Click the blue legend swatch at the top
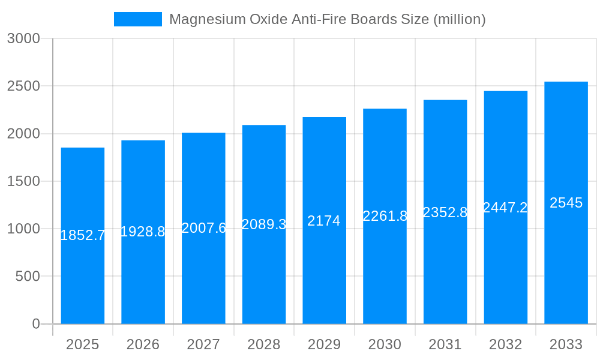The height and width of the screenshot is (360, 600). pos(137,19)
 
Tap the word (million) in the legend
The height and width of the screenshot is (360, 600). pos(459,19)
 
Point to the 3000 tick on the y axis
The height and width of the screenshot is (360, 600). pos(23,38)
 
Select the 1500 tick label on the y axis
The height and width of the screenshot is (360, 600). pos(23,181)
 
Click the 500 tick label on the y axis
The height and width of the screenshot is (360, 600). pos(27,277)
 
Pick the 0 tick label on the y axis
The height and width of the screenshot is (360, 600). pos(35,324)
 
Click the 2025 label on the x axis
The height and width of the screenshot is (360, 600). pos(82,344)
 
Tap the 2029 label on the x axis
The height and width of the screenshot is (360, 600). pos(324,344)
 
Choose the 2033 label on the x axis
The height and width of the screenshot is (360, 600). pos(566,344)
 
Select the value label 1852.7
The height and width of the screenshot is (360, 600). pos(83,235)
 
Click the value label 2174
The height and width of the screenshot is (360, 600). pos(324,221)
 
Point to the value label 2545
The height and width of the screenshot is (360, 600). pos(566,203)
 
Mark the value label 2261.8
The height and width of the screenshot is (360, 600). pos(385,216)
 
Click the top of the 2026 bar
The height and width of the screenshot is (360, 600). pos(143,141)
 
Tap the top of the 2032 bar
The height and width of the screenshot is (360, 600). pos(505,92)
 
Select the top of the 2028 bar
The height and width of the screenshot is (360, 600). pos(264,125)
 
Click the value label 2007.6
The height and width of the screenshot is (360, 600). pos(203,228)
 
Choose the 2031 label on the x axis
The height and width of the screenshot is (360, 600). pos(445,344)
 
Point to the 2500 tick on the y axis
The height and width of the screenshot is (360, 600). pos(23,86)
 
